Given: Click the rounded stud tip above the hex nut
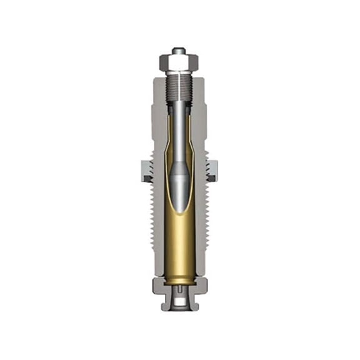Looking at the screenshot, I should coord(179,51).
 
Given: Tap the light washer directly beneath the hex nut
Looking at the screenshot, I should coord(179,72).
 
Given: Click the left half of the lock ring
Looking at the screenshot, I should coord(146,170).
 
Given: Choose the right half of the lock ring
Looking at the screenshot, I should coord(212,170).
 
